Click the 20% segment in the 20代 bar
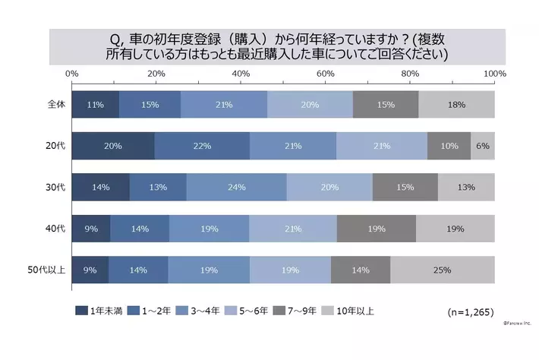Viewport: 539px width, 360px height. coord(113,145)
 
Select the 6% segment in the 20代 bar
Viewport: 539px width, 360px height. coord(483,145)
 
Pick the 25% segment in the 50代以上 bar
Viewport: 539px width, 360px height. coord(443,269)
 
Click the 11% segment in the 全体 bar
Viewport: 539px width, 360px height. coord(96,104)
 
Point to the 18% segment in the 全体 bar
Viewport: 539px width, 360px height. coord(456,104)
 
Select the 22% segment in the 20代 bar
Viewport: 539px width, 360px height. coord(202,145)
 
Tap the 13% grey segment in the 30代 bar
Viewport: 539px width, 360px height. coord(466,186)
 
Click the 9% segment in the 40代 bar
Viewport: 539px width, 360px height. coord(91,228)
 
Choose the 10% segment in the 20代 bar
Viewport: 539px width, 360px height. coord(449,145)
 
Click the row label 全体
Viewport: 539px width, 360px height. coord(56,104)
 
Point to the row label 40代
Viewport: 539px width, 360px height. coord(56,228)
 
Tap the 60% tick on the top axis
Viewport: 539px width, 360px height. coord(326,73)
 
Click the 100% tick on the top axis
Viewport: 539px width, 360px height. coord(494,73)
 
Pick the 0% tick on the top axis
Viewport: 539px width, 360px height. coord(73,73)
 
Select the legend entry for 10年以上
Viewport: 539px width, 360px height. coord(348,310)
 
